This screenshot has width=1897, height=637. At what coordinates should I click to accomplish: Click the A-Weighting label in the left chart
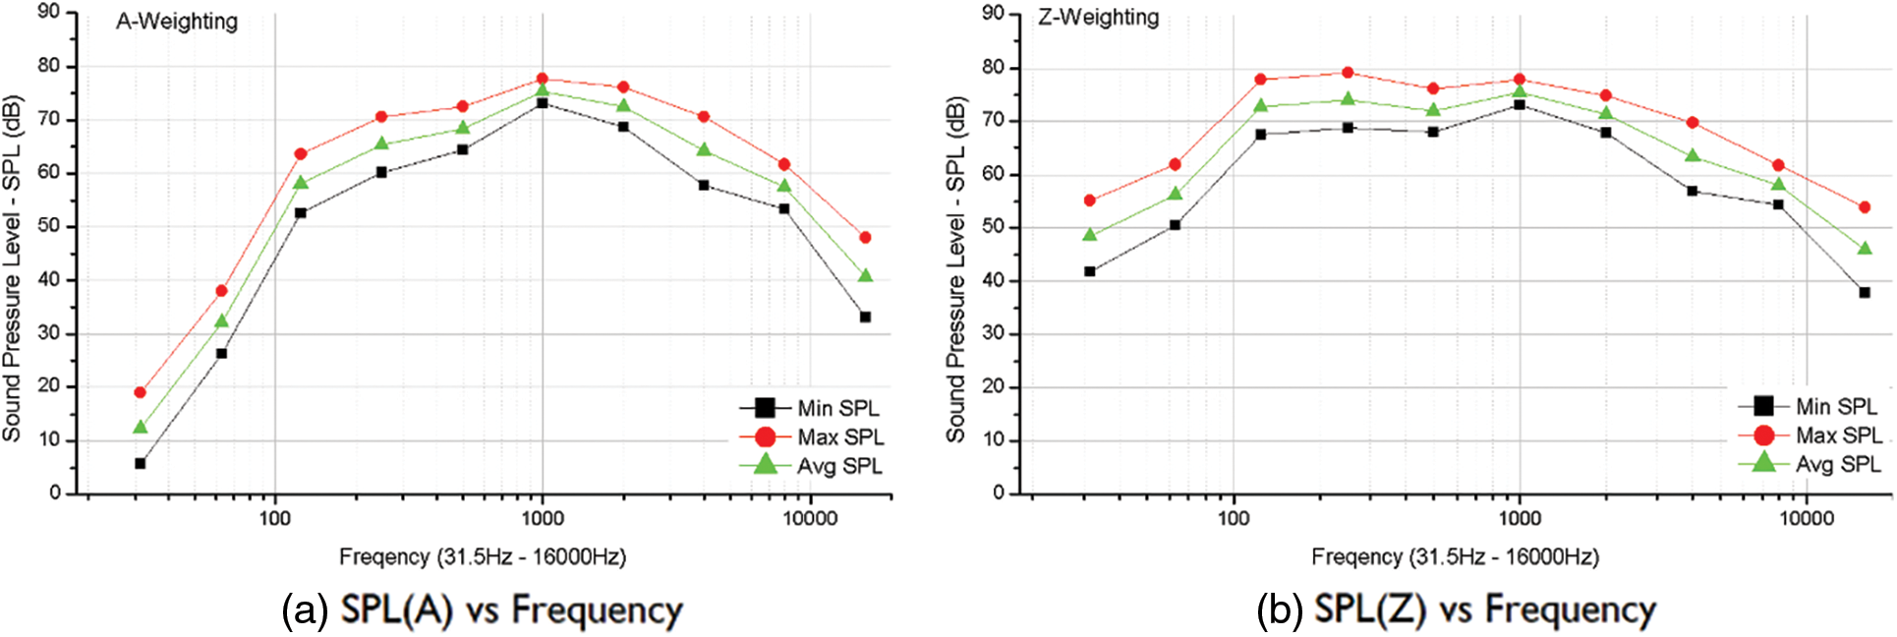pos(177,22)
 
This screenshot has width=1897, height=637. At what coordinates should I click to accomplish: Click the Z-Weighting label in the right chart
pos(1099,18)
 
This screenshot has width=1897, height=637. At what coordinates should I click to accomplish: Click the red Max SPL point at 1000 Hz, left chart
pos(542,79)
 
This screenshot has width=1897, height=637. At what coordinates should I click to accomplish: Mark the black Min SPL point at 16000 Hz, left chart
pos(865,317)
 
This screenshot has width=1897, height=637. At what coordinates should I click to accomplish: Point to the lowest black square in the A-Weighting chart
pos(141,463)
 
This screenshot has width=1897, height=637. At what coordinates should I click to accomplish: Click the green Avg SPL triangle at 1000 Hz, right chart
pos(1520,92)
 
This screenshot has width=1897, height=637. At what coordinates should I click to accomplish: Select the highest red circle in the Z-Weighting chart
pos(1348,73)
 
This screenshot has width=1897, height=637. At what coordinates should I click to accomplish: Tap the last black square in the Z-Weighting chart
pos(1865,293)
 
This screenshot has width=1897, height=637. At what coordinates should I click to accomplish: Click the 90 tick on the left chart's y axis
pos(48,12)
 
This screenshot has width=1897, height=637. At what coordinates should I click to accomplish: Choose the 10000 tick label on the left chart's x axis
pos(810,519)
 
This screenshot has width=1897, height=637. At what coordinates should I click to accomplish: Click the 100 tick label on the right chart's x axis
pos(1234,519)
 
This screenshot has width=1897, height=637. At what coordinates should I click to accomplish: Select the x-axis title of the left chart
pos(483,557)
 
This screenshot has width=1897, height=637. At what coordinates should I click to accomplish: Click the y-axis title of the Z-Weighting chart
pos(956,267)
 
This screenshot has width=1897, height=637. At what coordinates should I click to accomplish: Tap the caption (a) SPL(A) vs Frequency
pos(482,610)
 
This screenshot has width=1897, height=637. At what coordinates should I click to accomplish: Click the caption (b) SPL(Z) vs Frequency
pos(1456,610)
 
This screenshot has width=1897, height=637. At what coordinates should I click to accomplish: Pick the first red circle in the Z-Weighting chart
pos(1089,201)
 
